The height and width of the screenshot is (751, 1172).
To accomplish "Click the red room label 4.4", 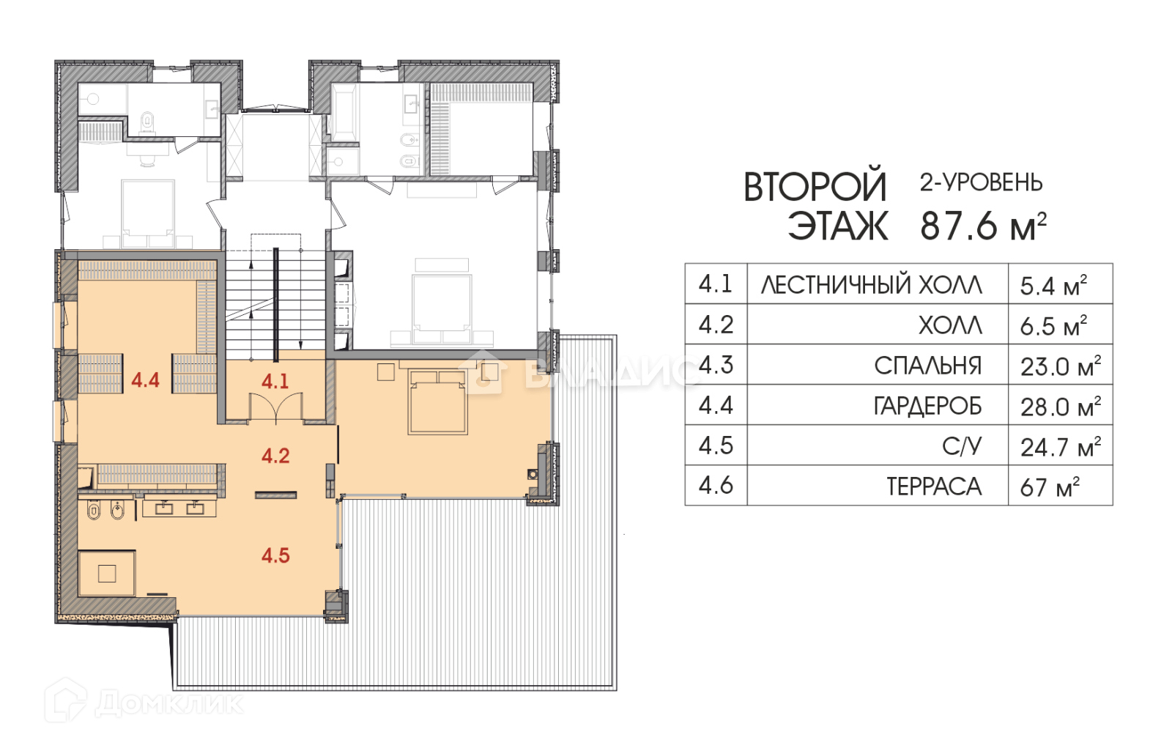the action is [145, 380].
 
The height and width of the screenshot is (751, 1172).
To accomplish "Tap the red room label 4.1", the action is [275, 381].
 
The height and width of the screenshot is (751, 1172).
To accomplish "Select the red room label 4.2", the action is [275, 456].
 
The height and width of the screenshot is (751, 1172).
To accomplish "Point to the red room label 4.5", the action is [275, 555].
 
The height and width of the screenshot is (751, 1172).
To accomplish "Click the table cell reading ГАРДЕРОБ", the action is [927, 406].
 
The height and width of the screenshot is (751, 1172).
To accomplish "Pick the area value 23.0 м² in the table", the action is [1060, 366].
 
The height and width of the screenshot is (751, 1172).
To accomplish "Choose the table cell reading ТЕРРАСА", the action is [934, 487].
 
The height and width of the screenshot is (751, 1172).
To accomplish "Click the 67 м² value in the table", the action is [1050, 487].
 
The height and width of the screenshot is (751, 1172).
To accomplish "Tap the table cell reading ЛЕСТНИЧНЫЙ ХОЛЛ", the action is [872, 285].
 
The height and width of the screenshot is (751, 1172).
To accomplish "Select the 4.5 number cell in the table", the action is [716, 445].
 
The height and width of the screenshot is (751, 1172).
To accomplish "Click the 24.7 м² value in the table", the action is [1060, 446].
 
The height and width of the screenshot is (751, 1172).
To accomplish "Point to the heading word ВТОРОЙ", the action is [815, 187].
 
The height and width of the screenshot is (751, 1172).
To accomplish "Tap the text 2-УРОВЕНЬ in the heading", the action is [981, 182].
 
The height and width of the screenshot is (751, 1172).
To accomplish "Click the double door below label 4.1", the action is [275, 407].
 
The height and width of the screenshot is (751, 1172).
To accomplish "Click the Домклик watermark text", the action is [169, 703].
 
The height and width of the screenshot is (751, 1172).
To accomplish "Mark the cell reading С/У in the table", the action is [962, 446].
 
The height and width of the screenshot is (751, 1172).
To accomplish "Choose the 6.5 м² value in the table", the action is [1053, 325].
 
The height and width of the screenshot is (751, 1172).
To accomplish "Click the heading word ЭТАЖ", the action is [838, 226].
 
